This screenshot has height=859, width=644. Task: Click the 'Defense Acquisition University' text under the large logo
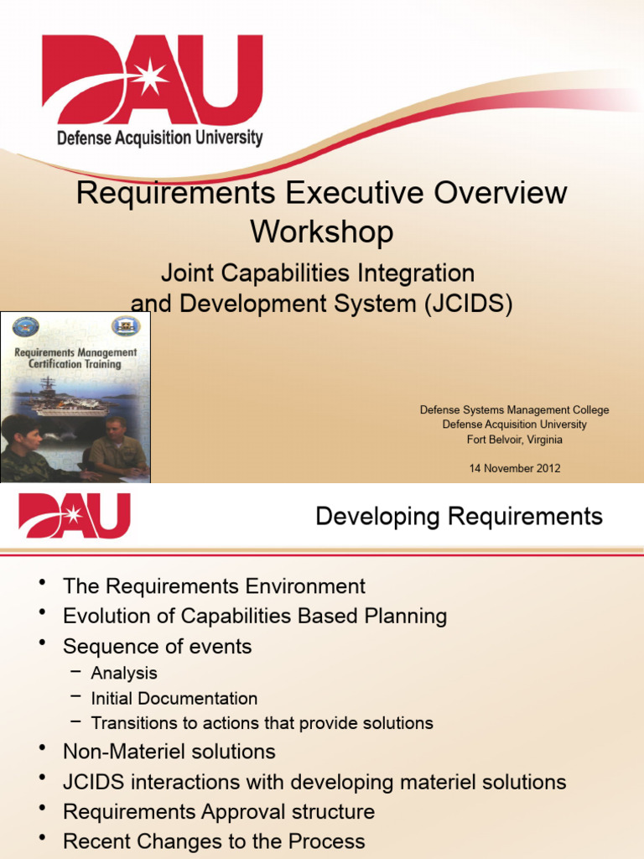point(159,138)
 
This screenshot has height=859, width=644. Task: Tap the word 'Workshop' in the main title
point(321,232)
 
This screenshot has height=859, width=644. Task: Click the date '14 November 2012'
point(514,468)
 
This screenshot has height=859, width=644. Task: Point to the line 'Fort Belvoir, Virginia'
point(514,440)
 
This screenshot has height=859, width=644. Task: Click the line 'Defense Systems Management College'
point(514,410)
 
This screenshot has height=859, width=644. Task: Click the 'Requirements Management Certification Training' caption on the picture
point(75,358)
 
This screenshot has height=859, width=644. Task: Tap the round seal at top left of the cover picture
point(25,327)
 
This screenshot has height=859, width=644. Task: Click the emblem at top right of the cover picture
point(126,326)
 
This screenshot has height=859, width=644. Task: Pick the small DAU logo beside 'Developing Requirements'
point(75,515)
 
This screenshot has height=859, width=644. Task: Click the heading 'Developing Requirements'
point(459,517)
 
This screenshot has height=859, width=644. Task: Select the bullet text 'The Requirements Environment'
point(214,586)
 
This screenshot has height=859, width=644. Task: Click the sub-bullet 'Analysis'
point(124,673)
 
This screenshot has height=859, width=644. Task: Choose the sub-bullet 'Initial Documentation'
point(174,698)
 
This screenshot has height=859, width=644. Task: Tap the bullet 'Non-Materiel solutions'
point(169,752)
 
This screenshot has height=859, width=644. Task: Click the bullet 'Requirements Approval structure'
point(218,812)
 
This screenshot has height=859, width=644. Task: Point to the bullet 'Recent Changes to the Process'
point(214,841)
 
